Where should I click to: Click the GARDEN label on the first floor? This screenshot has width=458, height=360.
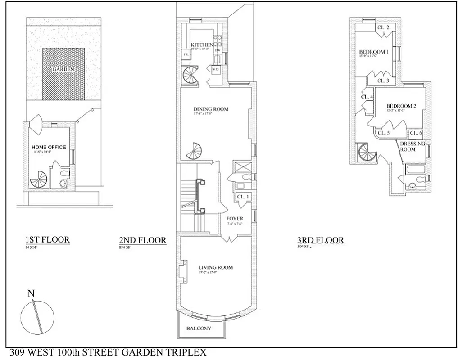pyautogui.click(x=63, y=69)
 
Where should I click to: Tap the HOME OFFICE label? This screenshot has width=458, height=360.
pyautogui.click(x=49, y=147)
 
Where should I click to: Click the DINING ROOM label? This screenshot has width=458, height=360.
pyautogui.click(x=211, y=109)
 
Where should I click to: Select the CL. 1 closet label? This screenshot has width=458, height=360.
pyautogui.click(x=242, y=197)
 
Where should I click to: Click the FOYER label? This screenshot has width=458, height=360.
pyautogui.click(x=235, y=219)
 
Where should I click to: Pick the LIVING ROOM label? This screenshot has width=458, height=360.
pyautogui.click(x=216, y=267)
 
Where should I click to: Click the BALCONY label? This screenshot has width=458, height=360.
pyautogui.click(x=199, y=328)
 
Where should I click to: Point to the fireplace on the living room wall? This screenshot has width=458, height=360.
pyautogui.click(x=182, y=272)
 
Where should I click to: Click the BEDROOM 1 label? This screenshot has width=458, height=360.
pyautogui.click(x=373, y=52)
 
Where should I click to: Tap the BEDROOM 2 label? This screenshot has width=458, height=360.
pyautogui.click(x=401, y=106)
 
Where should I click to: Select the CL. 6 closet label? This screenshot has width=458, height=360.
pyautogui.click(x=415, y=133)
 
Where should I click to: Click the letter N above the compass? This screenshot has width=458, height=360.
pyautogui.click(x=31, y=294)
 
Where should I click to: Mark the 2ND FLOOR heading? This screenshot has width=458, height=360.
pyautogui.click(x=140, y=240)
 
